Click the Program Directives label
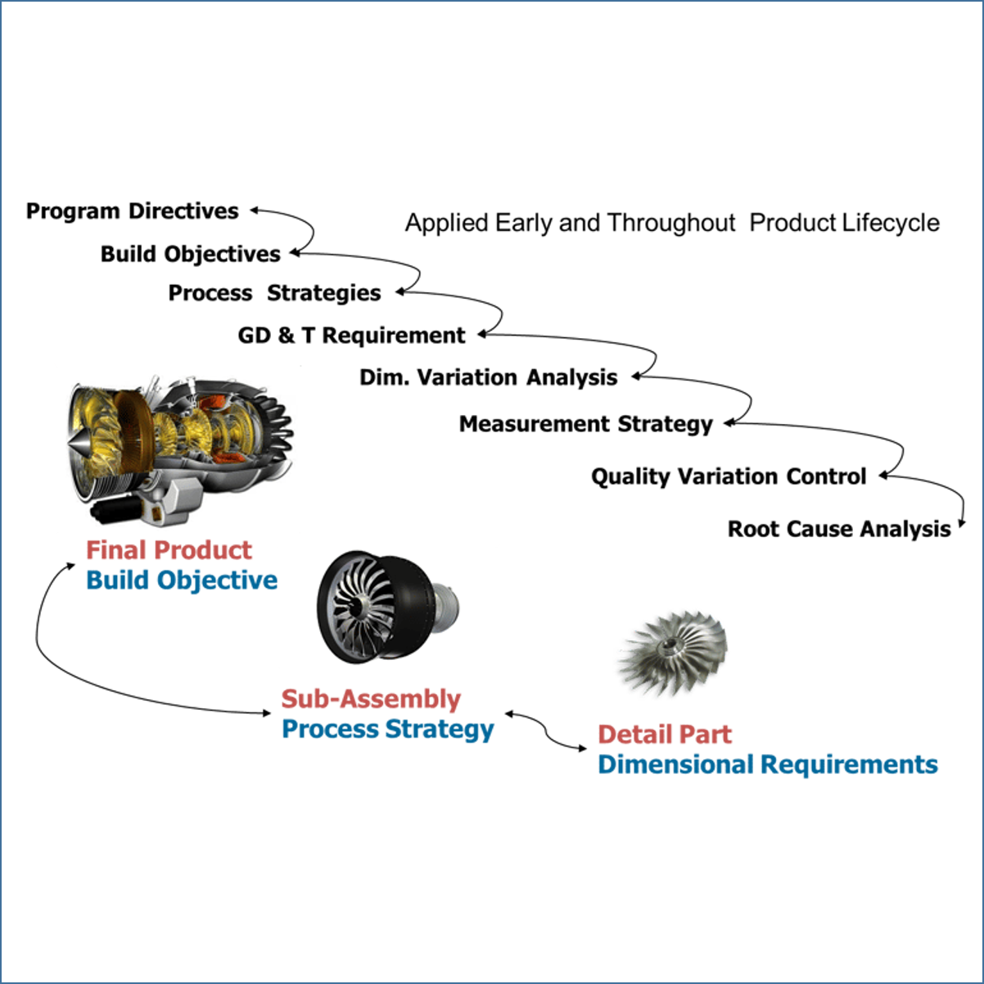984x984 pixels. (x=132, y=211)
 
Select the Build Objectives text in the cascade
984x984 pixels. (x=190, y=254)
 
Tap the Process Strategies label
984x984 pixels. (x=274, y=293)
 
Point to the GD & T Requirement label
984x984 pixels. (x=351, y=336)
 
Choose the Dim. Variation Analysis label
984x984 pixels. (x=488, y=377)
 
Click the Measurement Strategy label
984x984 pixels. (x=585, y=424)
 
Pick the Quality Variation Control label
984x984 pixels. (x=729, y=476)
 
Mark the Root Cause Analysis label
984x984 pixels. (x=839, y=529)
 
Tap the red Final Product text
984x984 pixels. (x=169, y=550)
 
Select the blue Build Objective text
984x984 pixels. (x=182, y=580)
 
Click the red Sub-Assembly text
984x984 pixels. (x=371, y=699)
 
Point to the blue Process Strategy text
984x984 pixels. (x=387, y=729)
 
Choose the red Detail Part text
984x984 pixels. (x=664, y=734)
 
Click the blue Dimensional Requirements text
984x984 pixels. (x=767, y=765)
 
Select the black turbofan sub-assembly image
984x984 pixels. (x=377, y=606)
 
